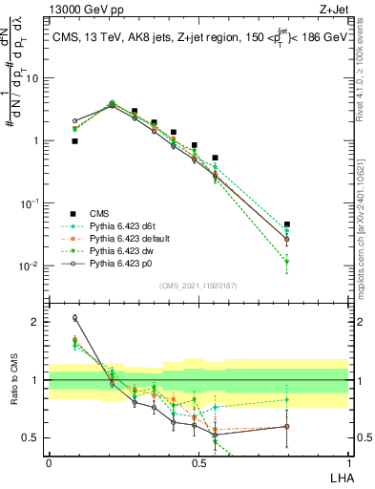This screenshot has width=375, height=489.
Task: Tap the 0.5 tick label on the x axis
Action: [x=198, y=462]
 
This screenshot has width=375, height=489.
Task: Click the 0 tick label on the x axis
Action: [x=49, y=462]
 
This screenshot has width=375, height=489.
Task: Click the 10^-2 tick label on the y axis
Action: [x=29, y=266]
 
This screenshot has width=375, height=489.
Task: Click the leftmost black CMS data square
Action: [x=74, y=140]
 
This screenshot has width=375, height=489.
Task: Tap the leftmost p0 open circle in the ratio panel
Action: [x=74, y=318]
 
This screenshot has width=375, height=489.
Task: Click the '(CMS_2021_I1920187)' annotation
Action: [x=198, y=286]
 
